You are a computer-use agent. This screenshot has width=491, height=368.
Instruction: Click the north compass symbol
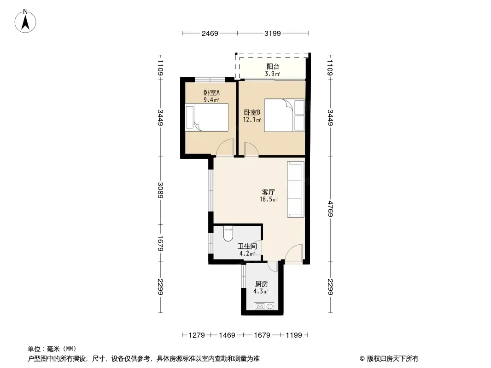coord(27,21)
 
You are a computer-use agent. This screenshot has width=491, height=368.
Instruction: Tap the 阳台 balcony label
coord(273,67)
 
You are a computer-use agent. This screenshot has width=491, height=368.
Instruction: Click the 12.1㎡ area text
coord(252,120)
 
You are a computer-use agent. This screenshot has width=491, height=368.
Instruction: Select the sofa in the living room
coord(296,189)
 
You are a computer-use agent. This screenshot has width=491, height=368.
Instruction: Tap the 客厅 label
coord(269,192)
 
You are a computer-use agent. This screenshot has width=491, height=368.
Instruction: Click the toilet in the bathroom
coord(228,235)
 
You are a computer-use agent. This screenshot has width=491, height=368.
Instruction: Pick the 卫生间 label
coord(247,246)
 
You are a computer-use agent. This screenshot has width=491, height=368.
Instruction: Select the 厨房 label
coord(261,284)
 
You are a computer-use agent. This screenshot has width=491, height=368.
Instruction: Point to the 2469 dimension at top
coord(210,33)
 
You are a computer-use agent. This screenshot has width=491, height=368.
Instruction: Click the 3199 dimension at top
coord(273,33)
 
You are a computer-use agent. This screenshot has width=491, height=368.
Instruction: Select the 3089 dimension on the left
coord(160,190)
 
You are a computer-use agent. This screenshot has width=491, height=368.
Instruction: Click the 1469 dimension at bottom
coord(227,335)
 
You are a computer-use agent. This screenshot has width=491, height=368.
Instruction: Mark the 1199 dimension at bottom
coord(293,335)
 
